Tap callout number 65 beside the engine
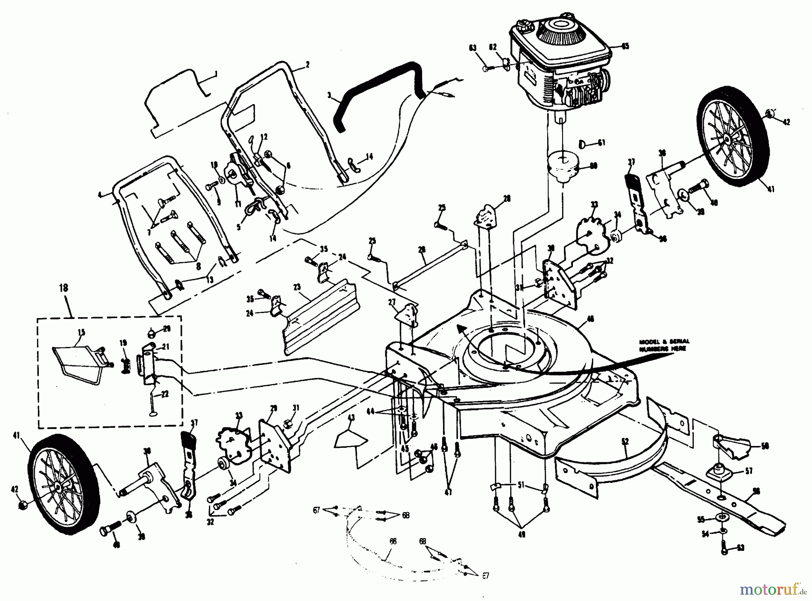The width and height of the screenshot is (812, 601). click(x=625, y=46)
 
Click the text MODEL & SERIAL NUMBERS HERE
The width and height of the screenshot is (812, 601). click(x=664, y=345)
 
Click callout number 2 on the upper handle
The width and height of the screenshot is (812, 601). click(x=307, y=65)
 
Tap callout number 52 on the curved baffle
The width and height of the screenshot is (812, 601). click(x=625, y=442)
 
